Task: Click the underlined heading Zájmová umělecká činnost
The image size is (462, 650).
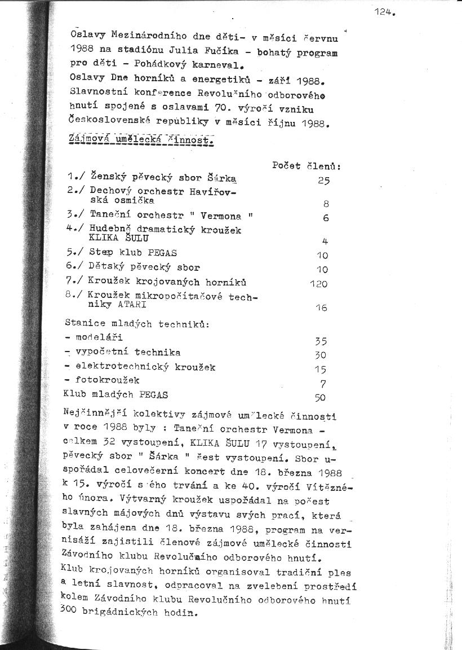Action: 139,139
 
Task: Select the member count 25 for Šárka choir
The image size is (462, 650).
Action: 323,181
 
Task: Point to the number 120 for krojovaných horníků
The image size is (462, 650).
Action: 318,284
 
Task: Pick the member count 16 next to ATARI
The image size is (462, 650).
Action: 321,308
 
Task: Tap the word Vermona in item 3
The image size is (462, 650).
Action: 221,216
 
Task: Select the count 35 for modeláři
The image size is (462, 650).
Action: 321,341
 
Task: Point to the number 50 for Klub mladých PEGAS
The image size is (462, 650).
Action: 320,397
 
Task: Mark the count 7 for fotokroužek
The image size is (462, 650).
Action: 323,384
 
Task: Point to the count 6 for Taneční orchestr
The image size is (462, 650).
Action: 326,218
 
